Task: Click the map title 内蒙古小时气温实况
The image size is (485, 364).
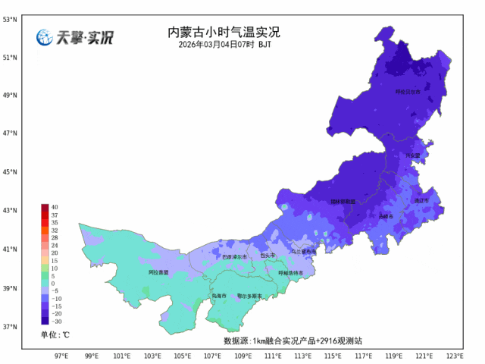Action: (224, 33)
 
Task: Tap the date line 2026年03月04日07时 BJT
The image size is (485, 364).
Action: (224, 45)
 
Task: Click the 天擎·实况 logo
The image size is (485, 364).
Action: (75, 37)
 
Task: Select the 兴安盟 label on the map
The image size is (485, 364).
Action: (412, 155)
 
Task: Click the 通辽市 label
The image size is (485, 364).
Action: (421, 200)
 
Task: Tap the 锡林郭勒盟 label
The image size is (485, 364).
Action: (343, 202)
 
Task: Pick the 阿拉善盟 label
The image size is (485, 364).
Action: (158, 271)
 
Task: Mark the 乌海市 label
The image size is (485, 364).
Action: (219, 295)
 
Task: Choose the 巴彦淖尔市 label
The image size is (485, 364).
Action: (234, 257)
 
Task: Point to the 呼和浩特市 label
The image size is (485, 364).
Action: (290, 272)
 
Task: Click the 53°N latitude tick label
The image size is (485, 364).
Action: (10, 18)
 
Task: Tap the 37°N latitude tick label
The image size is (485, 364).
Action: (10, 327)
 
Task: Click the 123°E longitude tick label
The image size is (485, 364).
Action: (454, 356)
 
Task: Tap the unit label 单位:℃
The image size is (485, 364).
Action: (55, 334)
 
